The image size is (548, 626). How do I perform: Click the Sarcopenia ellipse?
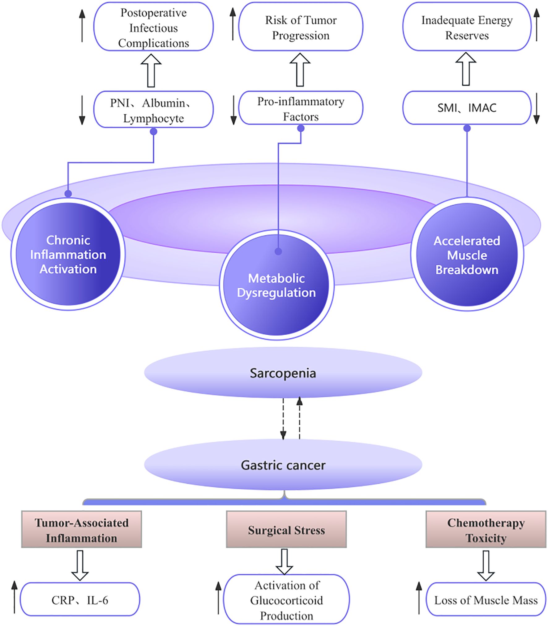click(x=283, y=373)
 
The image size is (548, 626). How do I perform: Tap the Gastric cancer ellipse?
click(x=283, y=465)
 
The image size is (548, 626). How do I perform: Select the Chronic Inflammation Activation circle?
click(x=68, y=255)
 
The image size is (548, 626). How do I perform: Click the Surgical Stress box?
click(x=286, y=530)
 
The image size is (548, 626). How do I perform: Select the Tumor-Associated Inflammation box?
click(x=81, y=530)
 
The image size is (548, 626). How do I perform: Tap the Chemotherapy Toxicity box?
click(x=486, y=530)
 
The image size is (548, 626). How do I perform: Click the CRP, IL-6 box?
click(x=80, y=600)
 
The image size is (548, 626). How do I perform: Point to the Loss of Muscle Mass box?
click(x=486, y=600)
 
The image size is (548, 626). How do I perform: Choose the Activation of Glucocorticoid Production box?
click(x=286, y=600)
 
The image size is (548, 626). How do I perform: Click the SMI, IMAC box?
click(x=467, y=108)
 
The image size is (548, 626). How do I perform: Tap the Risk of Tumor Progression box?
click(x=301, y=28)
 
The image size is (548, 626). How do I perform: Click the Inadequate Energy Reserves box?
click(x=467, y=28)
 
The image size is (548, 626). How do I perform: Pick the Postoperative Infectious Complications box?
click(x=153, y=28)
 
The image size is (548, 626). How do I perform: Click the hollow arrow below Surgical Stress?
click(x=284, y=562)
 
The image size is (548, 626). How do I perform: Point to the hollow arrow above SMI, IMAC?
click(x=466, y=69)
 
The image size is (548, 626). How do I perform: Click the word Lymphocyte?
click(x=153, y=118)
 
